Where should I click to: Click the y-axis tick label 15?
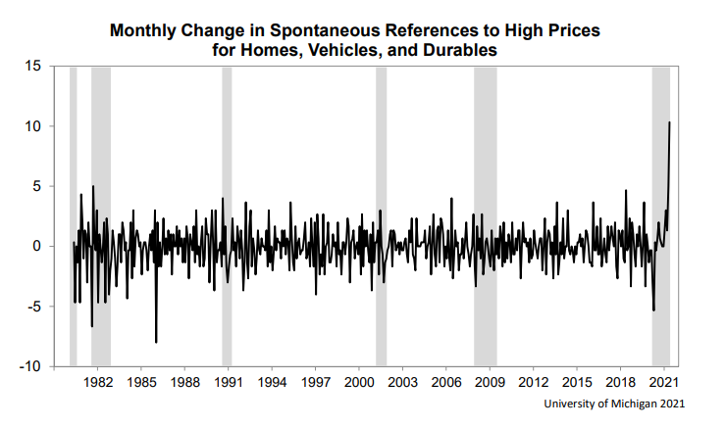click(33, 67)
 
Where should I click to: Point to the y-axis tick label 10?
click(33, 126)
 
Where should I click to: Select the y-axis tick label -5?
click(35, 307)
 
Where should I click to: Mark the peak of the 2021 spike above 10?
click(669, 122)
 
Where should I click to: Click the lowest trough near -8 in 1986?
click(156, 342)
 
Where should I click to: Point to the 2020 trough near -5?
click(653, 310)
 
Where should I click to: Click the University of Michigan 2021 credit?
click(614, 404)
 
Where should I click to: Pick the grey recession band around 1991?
click(227, 215)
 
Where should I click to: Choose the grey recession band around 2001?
click(381, 215)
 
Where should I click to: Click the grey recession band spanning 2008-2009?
click(486, 215)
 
